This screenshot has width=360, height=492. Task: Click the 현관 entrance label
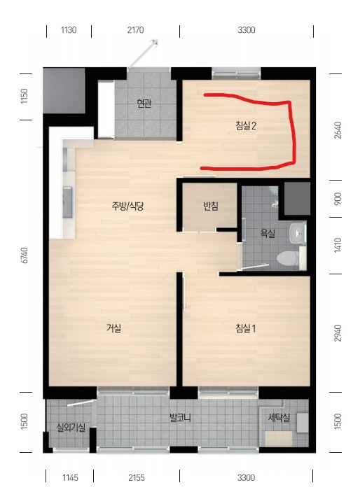144,104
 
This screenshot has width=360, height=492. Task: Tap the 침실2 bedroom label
246,125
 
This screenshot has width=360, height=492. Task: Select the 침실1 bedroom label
246,328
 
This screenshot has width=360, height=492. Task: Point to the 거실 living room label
113,328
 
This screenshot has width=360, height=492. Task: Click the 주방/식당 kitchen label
128,206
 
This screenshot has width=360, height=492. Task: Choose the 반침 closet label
211,206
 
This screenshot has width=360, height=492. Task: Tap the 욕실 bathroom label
268,233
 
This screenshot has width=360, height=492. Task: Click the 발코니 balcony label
180,418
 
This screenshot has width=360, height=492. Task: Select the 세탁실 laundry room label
279,418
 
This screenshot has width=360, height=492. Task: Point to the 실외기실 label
71,427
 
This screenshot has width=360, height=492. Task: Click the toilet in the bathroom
287,258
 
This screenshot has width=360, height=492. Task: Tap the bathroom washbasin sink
297,233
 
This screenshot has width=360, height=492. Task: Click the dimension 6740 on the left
25,255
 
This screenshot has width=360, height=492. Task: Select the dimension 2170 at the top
135,30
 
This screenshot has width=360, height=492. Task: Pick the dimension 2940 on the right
337,333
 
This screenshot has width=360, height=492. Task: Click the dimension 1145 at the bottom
70,477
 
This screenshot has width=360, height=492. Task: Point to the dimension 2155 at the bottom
137,477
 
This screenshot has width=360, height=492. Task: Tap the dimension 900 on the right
338,199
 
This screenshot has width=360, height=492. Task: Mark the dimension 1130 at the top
69,30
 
